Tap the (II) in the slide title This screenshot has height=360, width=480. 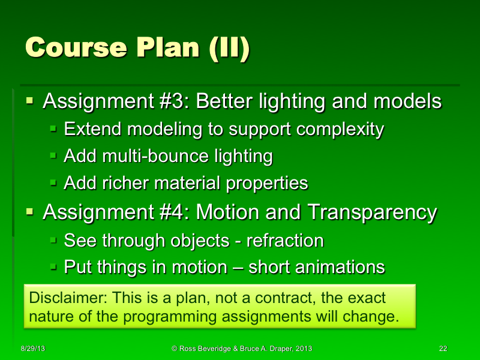(228, 48)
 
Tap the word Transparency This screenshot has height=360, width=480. (371, 212)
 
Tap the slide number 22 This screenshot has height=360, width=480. (443, 349)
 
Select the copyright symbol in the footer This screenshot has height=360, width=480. (174, 349)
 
